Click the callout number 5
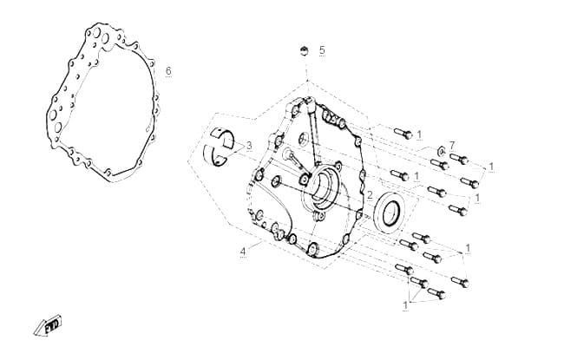(322, 50)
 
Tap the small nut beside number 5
(305, 51)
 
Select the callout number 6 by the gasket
(168, 71)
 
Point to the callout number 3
(249, 146)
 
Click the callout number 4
(243, 252)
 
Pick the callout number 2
(370, 196)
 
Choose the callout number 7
(452, 145)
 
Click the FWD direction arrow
(49, 326)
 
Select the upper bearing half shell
(222, 137)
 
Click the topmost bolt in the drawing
(403, 134)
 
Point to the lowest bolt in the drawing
(436, 293)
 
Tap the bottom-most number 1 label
(405, 305)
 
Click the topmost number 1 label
(419, 134)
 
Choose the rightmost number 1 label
(491, 167)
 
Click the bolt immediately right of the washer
(459, 158)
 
